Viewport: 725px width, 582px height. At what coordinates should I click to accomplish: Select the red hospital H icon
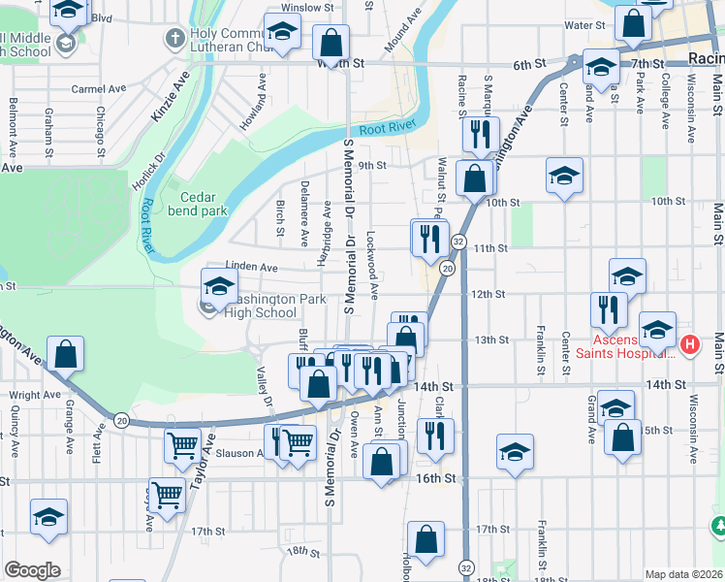[689, 343]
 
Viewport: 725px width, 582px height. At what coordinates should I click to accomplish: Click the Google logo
[32, 570]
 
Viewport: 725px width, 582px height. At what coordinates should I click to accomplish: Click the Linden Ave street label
[252, 267]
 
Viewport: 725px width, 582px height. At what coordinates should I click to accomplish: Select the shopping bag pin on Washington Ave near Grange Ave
[65, 354]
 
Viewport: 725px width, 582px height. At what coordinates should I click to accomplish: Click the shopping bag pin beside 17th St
[426, 538]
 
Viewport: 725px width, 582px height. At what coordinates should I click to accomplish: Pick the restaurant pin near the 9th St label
[480, 135]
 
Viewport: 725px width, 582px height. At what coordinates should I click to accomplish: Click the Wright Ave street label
[37, 396]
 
